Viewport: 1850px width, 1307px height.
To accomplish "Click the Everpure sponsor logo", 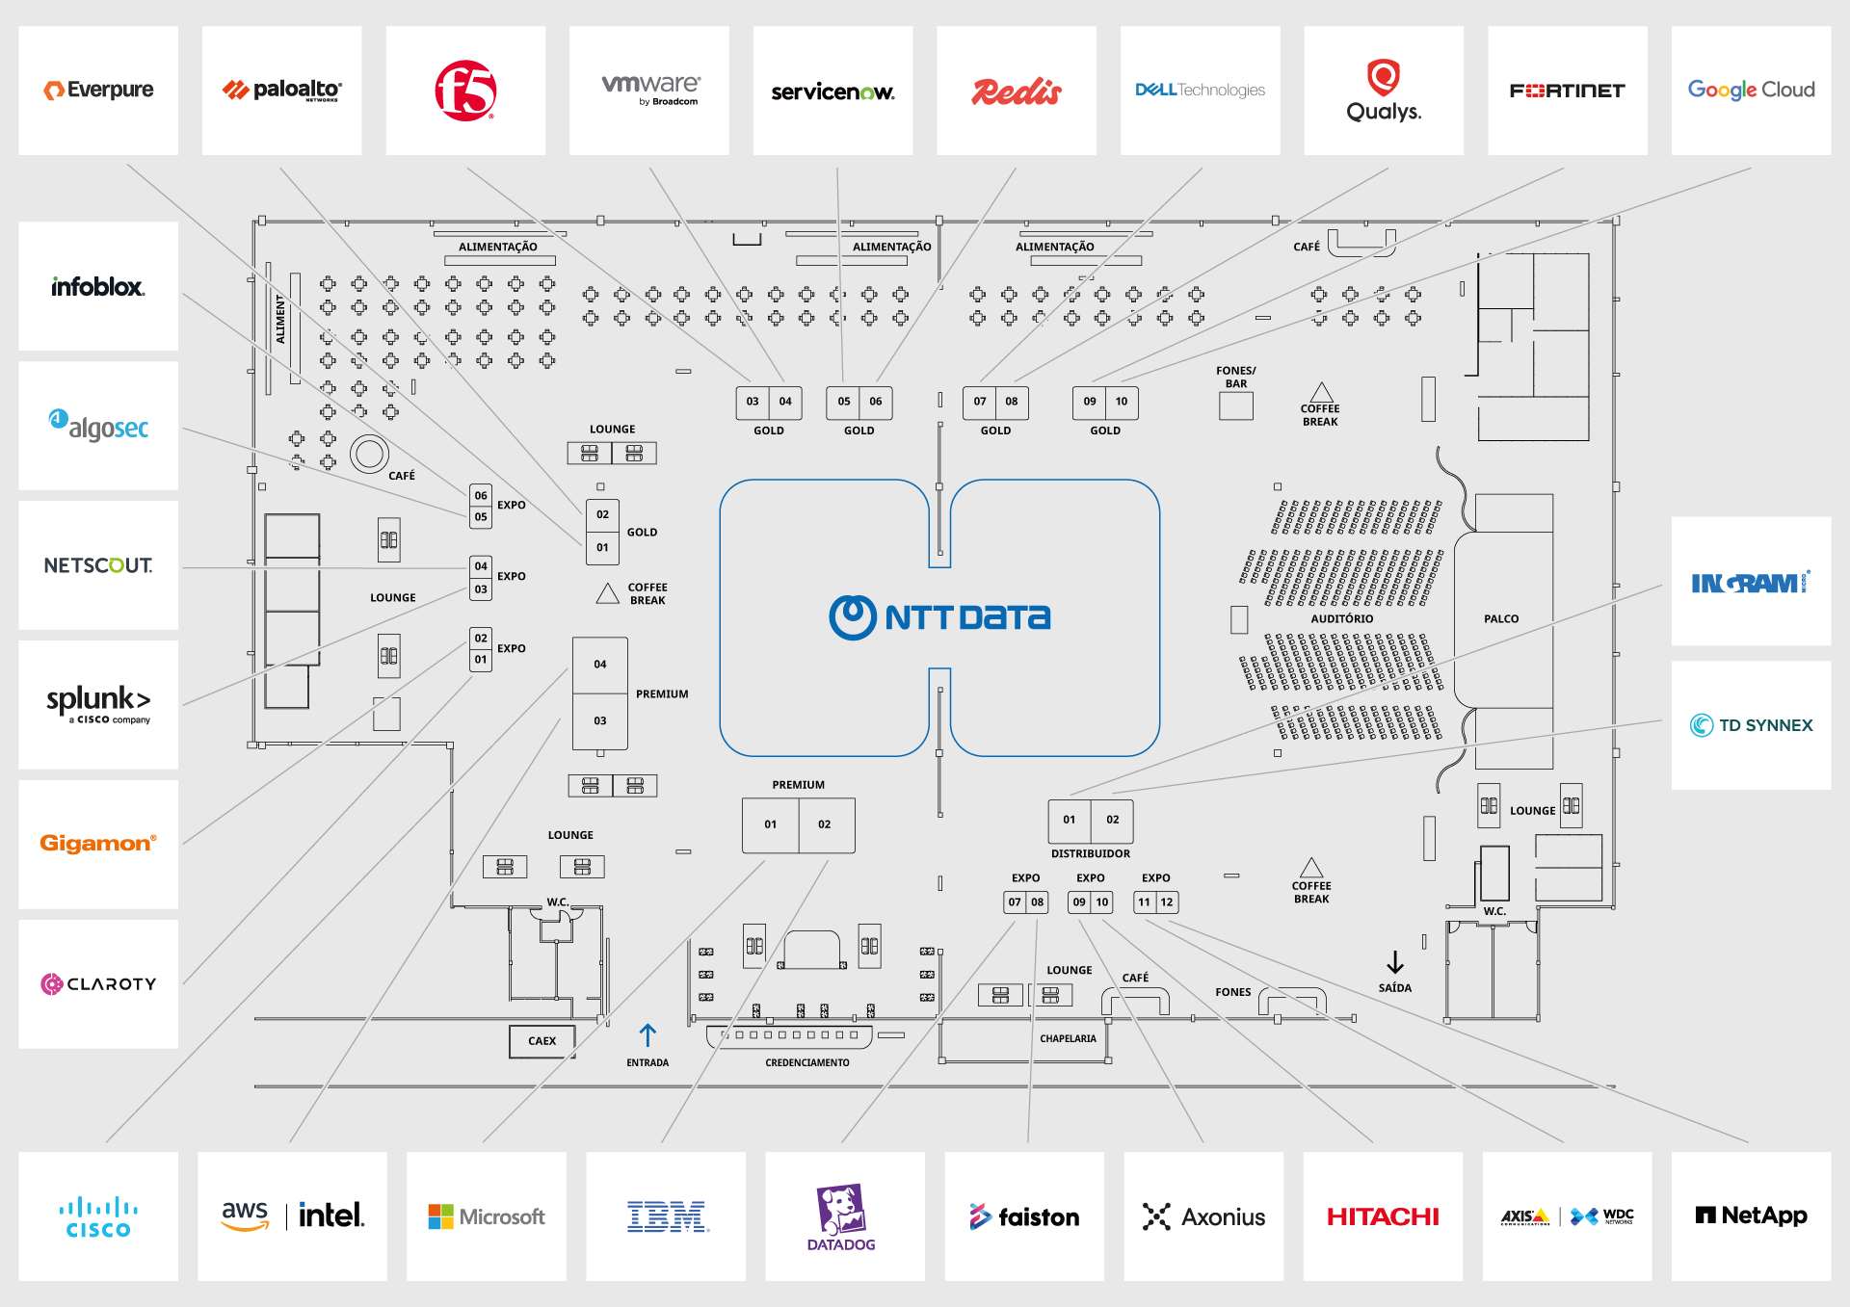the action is pos(98,90).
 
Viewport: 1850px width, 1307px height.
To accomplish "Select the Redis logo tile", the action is pos(1017,91).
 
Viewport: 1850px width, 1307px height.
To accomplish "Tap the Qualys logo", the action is pos(1384,91).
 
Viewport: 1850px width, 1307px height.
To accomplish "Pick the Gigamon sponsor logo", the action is pos(98,843).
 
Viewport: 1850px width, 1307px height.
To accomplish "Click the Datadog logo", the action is pos(841,1217).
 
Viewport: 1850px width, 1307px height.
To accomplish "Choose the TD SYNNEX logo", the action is pos(1752,725).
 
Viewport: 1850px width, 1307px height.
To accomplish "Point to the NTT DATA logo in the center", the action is pos(939,617).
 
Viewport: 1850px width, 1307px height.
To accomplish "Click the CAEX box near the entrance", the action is pos(542,1041).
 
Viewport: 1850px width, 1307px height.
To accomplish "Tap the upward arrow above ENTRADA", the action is pos(647,1034).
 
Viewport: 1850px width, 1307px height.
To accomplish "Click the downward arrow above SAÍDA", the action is pos(1395,962).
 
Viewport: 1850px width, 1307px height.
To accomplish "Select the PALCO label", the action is pos(1501,619).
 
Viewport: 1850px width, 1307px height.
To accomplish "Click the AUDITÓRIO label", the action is pos(1342,619).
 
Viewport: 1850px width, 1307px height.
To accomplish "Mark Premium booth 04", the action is pos(600,665).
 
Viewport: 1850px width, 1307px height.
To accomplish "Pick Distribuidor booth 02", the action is pos(1113,820).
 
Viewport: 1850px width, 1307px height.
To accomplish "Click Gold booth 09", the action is pos(1090,402).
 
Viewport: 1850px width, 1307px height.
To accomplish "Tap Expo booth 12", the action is pos(1167,902).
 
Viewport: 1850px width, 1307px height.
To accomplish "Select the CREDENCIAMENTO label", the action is pos(807,1063).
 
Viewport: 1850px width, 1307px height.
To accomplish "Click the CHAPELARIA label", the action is pos(1068,1039).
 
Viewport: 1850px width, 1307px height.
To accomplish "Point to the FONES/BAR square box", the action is pos(1236,406).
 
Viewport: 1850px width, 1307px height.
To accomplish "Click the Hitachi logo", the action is pos(1383,1217).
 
